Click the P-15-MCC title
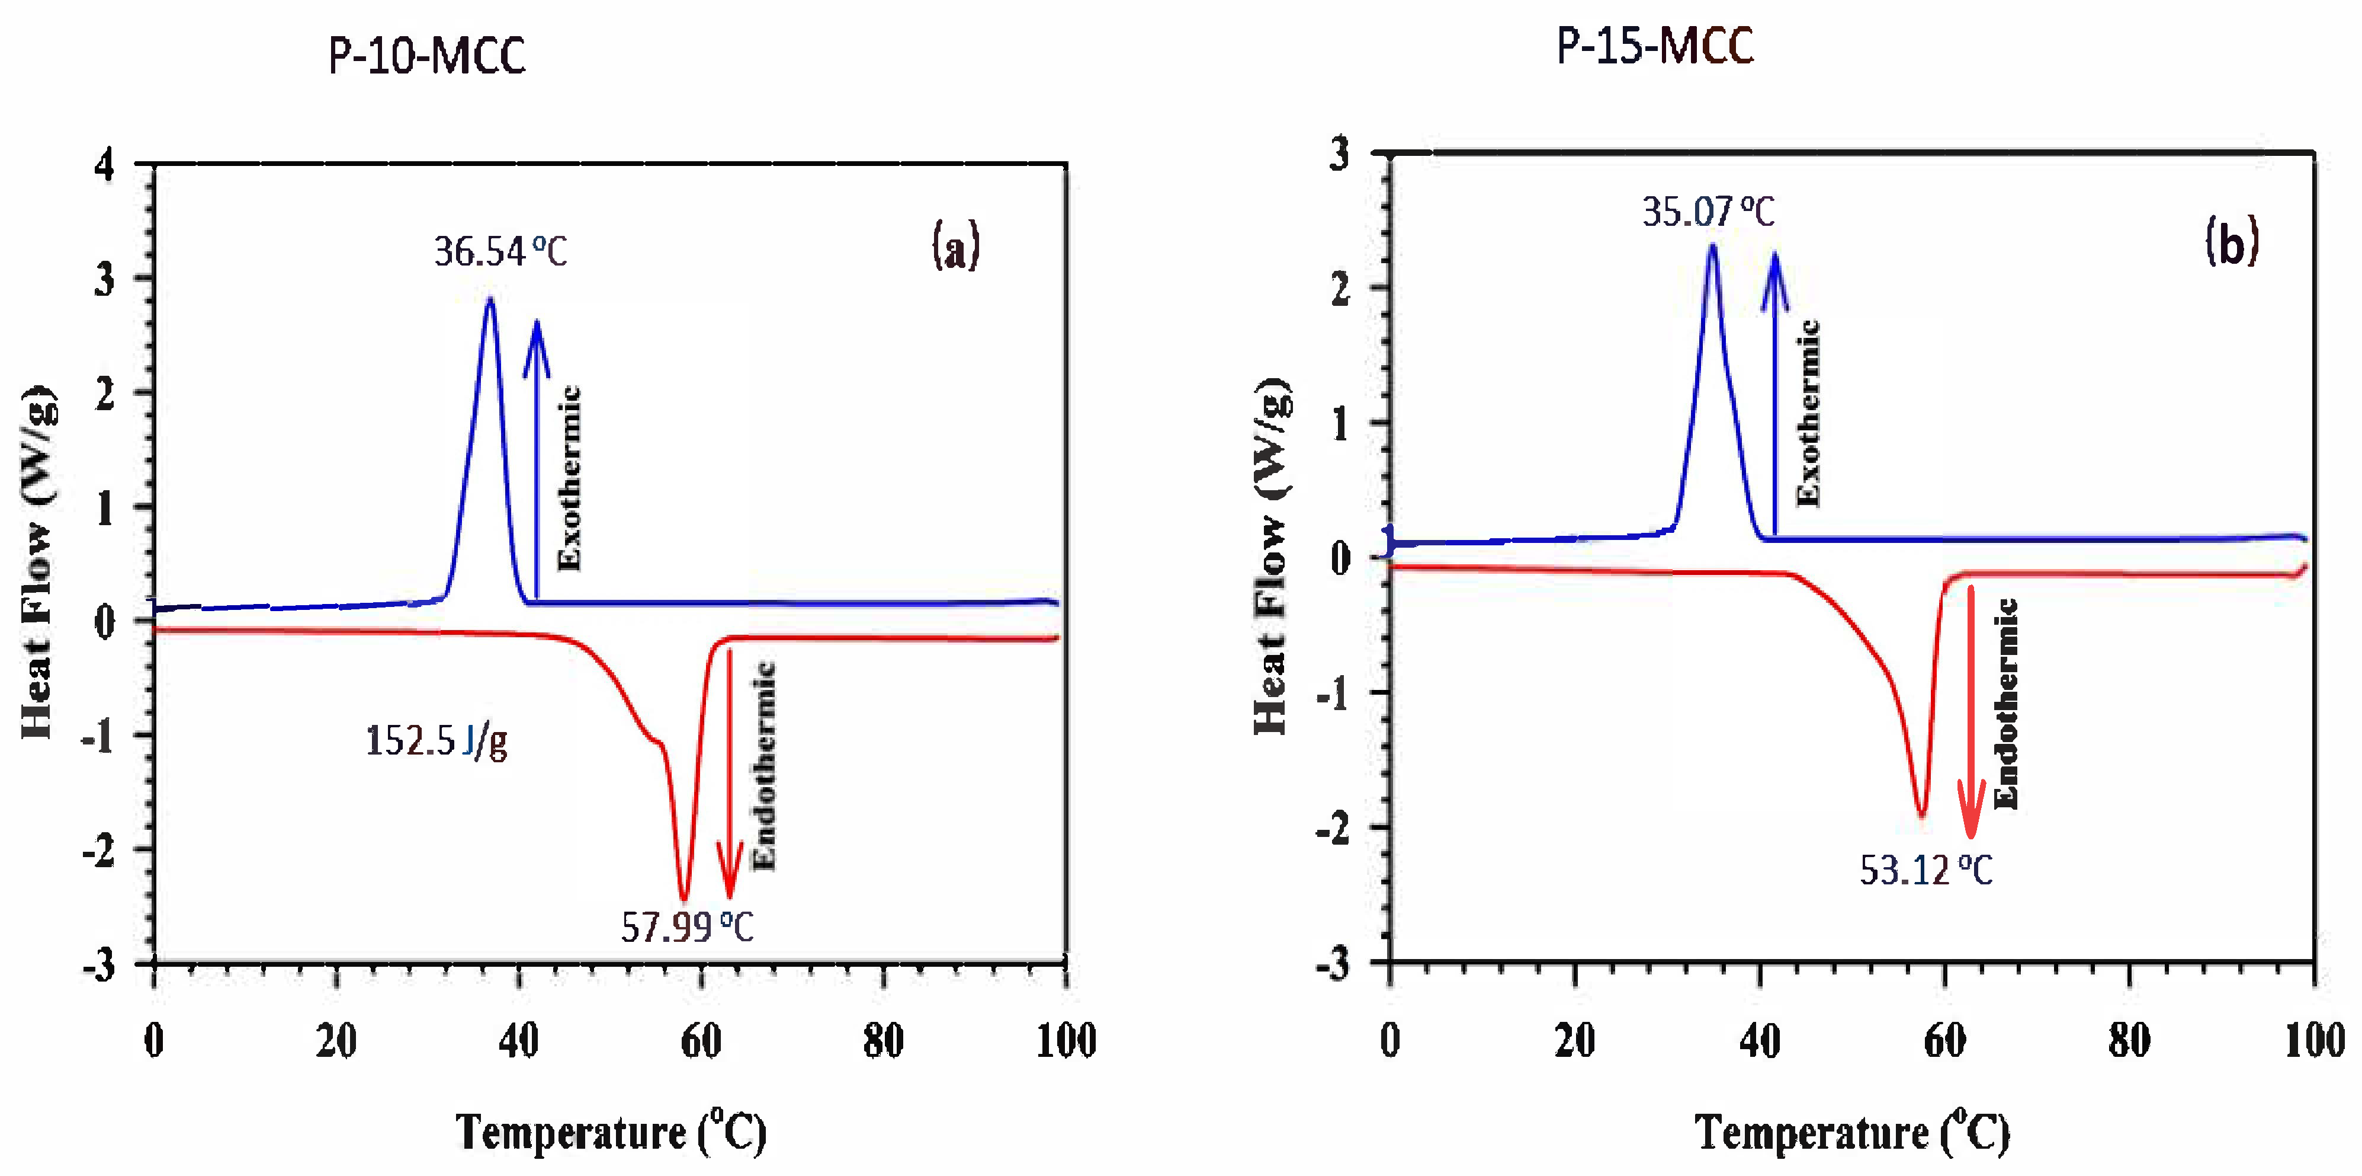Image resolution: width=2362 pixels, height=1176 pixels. [x=1655, y=46]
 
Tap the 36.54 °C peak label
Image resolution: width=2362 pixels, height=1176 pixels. [x=500, y=251]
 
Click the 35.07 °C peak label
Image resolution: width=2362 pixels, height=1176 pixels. [x=1708, y=212]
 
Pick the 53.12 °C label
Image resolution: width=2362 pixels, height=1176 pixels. [x=1925, y=870]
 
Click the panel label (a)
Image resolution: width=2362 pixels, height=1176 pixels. [x=955, y=247]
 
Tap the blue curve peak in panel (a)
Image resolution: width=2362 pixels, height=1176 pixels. [x=490, y=300]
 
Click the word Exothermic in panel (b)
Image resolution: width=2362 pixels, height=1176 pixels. [x=1807, y=413]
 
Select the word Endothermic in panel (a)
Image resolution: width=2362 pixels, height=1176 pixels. [x=763, y=766]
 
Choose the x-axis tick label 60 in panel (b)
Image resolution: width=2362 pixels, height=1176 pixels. [x=1944, y=1040]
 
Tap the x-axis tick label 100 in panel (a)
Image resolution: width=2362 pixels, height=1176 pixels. [x=1066, y=1040]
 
